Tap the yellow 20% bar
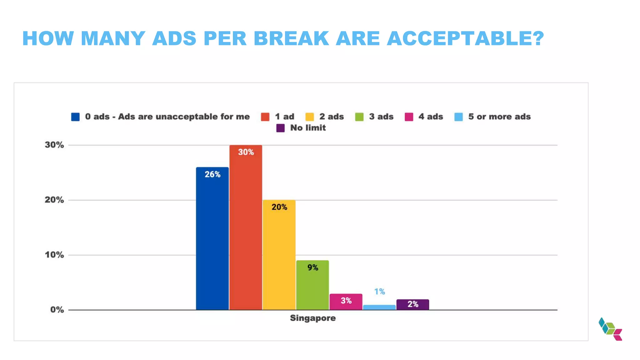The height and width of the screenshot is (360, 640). pos(279,255)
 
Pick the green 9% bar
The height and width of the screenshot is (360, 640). pos(312,285)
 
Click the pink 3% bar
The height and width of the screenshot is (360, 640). pos(346,302)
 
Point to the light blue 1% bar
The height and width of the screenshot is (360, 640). pos(379,307)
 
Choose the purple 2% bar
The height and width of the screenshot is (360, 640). pos(413,304)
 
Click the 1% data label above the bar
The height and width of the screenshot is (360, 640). pos(379,292)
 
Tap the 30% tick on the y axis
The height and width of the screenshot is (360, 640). pos(54,145)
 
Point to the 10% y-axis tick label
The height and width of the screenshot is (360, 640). pos(54,255)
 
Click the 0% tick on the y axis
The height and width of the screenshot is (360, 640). pos(57,310)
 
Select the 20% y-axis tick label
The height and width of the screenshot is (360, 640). pos(54,200)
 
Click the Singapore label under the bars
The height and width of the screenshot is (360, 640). pos(312,318)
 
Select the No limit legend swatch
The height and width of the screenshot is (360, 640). pos(280,128)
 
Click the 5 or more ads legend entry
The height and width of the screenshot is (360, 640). pos(499,117)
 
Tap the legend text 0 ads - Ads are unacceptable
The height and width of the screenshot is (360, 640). pos(167,117)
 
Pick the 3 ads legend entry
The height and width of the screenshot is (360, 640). pos(381,117)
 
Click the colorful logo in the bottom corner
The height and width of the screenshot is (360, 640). pos(610,329)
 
